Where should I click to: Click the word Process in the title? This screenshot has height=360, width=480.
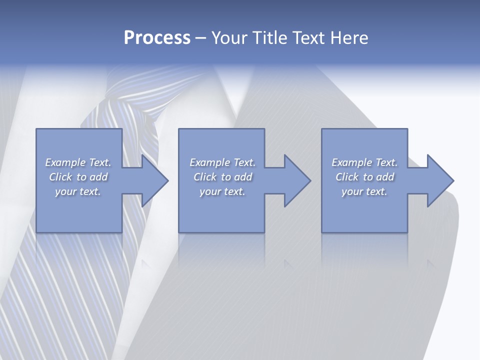tap(157, 38)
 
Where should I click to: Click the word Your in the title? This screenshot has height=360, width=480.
tap(231, 38)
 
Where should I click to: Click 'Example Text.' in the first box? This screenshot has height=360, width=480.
tap(78, 162)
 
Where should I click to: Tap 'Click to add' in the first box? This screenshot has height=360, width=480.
tap(78, 177)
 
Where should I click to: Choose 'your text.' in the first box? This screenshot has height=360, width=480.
tap(78, 191)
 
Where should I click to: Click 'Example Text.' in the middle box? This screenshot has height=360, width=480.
tap(222, 162)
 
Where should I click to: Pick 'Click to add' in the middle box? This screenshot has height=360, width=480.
tap(222, 177)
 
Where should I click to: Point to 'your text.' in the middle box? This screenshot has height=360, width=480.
tap(222, 191)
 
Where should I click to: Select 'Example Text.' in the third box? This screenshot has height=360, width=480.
tap(364, 162)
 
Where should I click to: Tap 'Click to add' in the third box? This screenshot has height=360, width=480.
tap(364, 177)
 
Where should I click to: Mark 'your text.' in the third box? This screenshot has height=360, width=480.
tap(364, 191)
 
